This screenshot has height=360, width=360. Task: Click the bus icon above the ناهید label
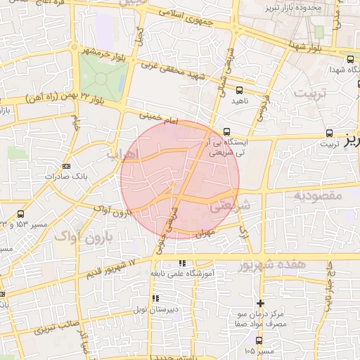(x=239, y=90)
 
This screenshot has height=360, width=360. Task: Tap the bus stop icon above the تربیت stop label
(x=330, y=133)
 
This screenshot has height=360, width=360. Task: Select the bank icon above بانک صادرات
(x=66, y=166)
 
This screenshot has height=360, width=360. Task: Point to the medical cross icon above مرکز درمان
(x=261, y=302)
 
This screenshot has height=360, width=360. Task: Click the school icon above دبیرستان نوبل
(x=155, y=298)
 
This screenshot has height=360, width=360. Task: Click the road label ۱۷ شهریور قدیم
(x=112, y=269)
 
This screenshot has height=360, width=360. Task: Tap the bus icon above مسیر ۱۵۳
(x=20, y=214)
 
